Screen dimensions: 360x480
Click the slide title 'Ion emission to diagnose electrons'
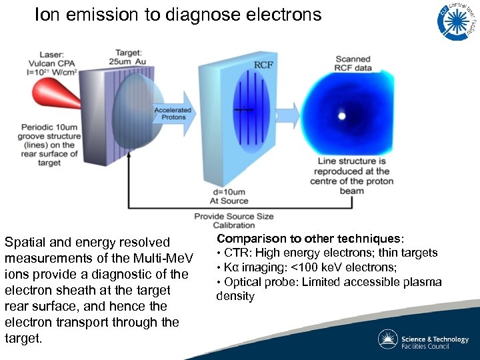pyautogui.click(x=178, y=15)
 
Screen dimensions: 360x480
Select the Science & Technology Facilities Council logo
pyautogui.click(x=423, y=339)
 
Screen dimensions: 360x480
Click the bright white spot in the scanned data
pyautogui.click(x=342, y=116)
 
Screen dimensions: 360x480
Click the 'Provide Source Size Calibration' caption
pyautogui.click(x=233, y=221)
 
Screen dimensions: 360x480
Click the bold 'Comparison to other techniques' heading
pyautogui.click(x=310, y=239)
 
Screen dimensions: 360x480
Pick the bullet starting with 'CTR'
pyautogui.click(x=327, y=253)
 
